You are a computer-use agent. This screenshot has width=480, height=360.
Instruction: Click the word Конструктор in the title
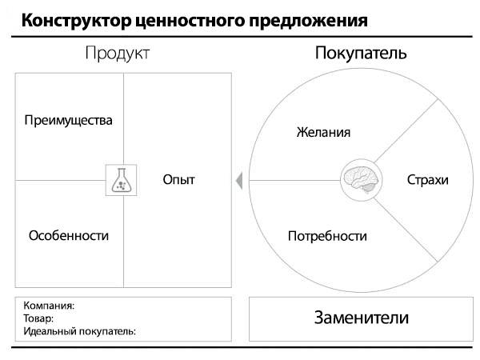coord(71,21)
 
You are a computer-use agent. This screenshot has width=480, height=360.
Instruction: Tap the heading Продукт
coord(118,54)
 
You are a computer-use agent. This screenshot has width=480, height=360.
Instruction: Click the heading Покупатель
coord(362,54)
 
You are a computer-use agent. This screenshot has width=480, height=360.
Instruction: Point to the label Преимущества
coord(68,121)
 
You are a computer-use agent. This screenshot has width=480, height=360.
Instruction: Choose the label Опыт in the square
coord(178,180)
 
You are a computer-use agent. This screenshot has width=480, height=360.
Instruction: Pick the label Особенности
coord(68,236)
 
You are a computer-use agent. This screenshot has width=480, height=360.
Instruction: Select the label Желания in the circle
coord(323,132)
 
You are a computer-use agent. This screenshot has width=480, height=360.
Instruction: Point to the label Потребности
coord(326,237)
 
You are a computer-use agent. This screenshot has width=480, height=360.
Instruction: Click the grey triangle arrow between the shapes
coord(238,181)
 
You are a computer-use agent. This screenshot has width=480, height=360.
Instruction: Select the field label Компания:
coord(49,306)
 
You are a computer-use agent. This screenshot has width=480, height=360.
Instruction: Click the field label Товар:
coord(38,318)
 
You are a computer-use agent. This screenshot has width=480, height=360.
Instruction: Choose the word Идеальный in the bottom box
coord(52,330)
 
